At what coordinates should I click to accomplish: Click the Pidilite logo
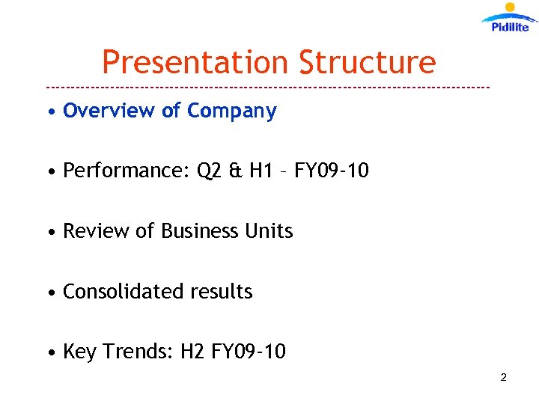pyautogui.click(x=509, y=18)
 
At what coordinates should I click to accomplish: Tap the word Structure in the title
pyautogui.click(x=367, y=62)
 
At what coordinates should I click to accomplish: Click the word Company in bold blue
pyautogui.click(x=232, y=111)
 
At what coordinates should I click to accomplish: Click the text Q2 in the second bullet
pyautogui.click(x=209, y=171)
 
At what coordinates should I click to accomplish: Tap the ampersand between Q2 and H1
pyautogui.click(x=234, y=171)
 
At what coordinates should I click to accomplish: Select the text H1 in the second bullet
pyautogui.click(x=259, y=171)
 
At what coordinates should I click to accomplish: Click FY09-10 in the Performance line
pyautogui.click(x=332, y=171)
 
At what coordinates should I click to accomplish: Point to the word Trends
pyautogui.click(x=136, y=352)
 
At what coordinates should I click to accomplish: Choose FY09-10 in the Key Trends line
pyautogui.click(x=249, y=352)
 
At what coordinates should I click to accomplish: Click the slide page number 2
pyautogui.click(x=503, y=378)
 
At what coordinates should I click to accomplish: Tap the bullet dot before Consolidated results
pyautogui.click(x=49, y=293)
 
